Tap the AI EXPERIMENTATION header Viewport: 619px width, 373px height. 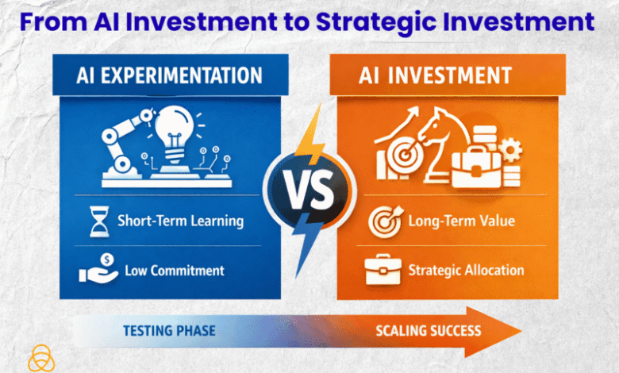pyautogui.click(x=170, y=75)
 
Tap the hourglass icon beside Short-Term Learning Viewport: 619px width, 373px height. pyautogui.click(x=98, y=222)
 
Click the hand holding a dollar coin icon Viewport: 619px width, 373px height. pyautogui.click(x=98, y=271)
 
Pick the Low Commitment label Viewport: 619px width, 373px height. pyautogui.click(x=175, y=271)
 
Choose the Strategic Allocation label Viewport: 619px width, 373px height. pyautogui.click(x=466, y=270)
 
